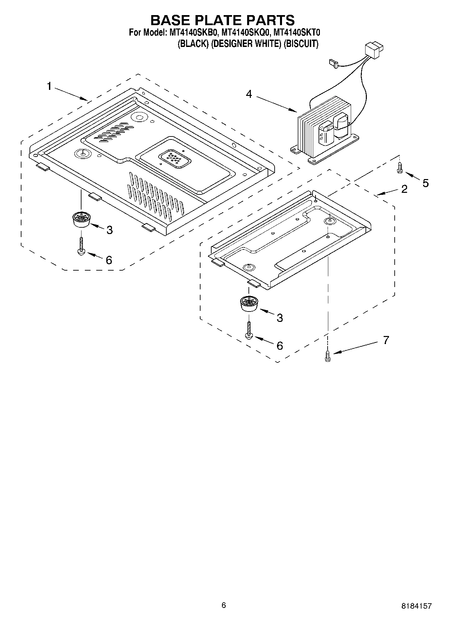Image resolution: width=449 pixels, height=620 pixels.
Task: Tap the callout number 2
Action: point(404,189)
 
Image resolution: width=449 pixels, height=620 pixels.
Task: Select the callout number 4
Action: point(248,94)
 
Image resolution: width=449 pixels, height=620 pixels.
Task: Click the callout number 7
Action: point(386,340)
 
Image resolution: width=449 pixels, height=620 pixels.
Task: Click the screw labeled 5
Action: point(399,168)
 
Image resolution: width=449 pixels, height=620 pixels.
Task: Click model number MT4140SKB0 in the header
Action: point(192,33)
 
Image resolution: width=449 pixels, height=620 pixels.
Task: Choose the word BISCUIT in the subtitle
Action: point(300,44)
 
